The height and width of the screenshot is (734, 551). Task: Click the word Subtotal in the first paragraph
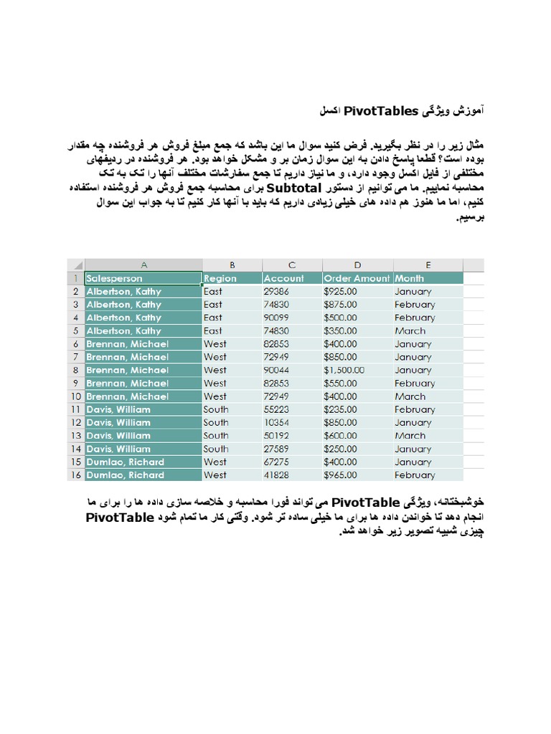tap(294, 189)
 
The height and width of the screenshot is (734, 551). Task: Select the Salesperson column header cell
tap(142, 278)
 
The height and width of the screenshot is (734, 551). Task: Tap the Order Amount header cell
tap(357, 278)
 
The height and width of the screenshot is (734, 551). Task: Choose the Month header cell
tap(428, 278)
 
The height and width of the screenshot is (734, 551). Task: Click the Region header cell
tap(231, 278)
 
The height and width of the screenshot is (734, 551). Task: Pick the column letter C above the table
tap(291, 264)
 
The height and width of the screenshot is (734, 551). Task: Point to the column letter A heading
tap(143, 264)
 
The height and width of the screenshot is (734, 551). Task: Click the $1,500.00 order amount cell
tap(344, 370)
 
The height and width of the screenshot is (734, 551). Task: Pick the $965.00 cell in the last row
tap(340, 475)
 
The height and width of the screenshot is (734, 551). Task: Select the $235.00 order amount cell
tap(340, 409)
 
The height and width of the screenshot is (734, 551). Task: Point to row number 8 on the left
tap(76, 370)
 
